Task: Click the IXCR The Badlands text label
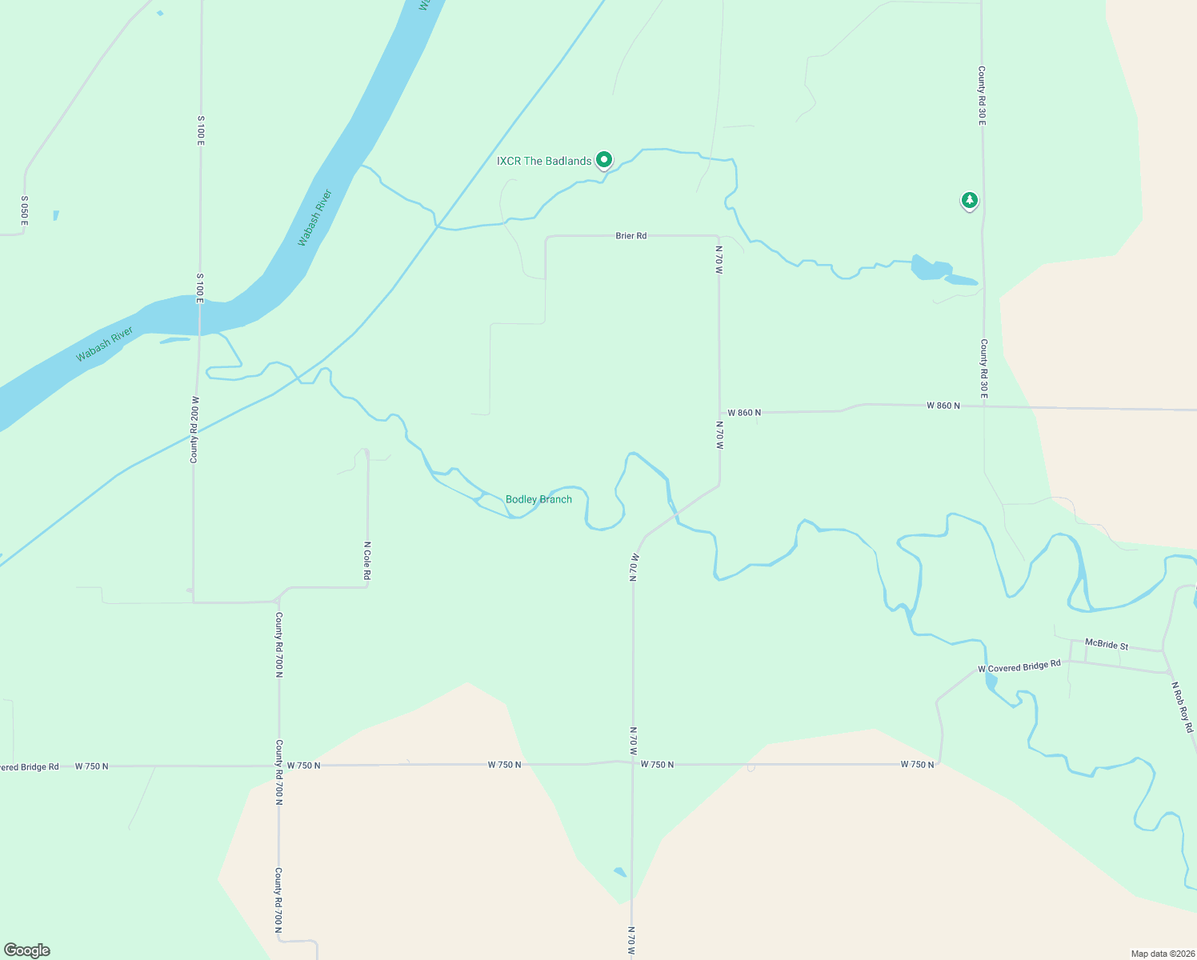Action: tap(544, 161)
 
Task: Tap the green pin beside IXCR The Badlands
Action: tap(605, 159)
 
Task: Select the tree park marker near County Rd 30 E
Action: tap(969, 200)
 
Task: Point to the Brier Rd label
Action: tap(631, 236)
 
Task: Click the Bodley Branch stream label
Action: tap(538, 499)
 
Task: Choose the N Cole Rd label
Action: tap(367, 561)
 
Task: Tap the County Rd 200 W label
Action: tap(194, 430)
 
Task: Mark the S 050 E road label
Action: tap(24, 210)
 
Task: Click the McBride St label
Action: tap(1107, 644)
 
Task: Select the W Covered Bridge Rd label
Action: tap(1019, 666)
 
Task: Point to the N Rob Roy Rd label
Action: tap(1183, 706)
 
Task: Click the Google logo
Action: tap(27, 950)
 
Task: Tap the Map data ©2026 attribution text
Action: tap(1162, 954)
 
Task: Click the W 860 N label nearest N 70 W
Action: tap(744, 413)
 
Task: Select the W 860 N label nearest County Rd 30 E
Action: tap(943, 406)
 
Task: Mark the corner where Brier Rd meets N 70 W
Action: tap(718, 237)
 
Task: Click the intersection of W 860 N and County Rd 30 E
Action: tap(984, 406)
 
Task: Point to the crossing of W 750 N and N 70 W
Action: tap(633, 763)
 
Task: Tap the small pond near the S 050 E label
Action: tap(56, 215)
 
